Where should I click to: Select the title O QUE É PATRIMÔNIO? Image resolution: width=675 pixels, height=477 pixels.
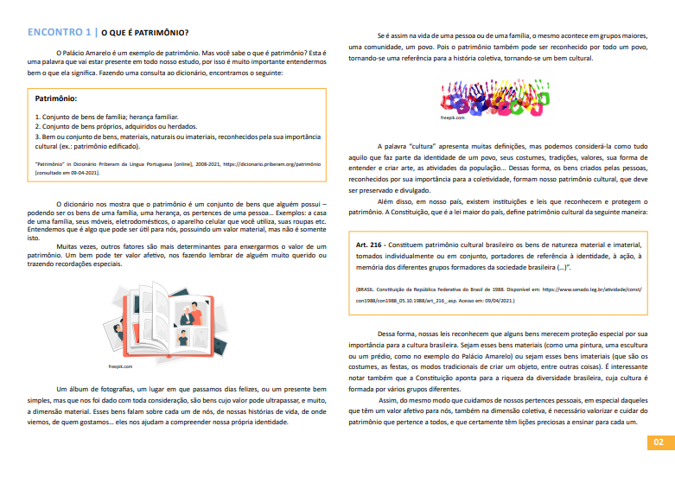146,34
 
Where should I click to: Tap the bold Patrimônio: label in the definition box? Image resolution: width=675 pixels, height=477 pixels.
56,99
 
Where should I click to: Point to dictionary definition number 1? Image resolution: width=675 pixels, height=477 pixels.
106,116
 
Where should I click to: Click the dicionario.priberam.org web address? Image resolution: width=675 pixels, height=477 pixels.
279,163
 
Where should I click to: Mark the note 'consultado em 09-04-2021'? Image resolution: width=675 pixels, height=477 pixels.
74,172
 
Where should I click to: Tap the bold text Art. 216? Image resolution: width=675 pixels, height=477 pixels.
371,245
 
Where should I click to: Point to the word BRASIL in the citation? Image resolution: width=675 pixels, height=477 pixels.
367,289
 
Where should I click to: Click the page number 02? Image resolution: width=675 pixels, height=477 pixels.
658,442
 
